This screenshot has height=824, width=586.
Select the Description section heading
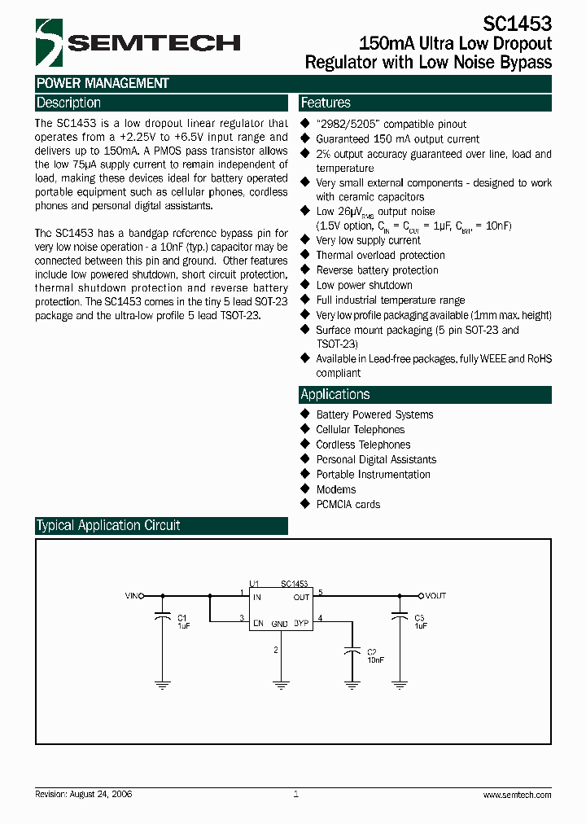(68, 103)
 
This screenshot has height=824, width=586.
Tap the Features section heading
(326, 103)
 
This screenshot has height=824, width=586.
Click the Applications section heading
(335, 394)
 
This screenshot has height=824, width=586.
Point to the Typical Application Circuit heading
(108, 525)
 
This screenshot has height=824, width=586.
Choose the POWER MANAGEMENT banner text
(103, 83)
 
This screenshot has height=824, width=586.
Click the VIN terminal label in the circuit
(132, 596)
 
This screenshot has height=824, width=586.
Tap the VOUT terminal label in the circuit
(436, 596)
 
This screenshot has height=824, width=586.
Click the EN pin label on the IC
(258, 623)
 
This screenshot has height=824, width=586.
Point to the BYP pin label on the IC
(301, 623)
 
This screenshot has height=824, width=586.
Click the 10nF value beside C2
(375, 660)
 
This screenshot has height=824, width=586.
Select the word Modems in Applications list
(336, 489)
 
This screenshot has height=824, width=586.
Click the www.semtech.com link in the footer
(517, 795)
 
